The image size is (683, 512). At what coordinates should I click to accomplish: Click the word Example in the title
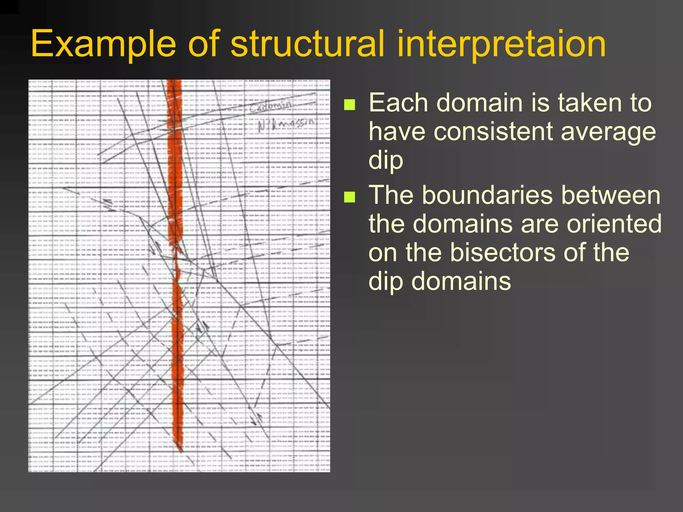pyautogui.click(x=103, y=44)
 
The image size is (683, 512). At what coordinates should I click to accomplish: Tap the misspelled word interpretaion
pyautogui.click(x=501, y=44)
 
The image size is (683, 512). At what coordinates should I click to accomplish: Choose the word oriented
pyautogui.click(x=614, y=224)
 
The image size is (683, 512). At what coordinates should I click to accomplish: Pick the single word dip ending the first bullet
pyautogui.click(x=386, y=160)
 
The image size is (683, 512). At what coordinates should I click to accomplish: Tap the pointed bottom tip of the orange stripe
pyautogui.click(x=181, y=451)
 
